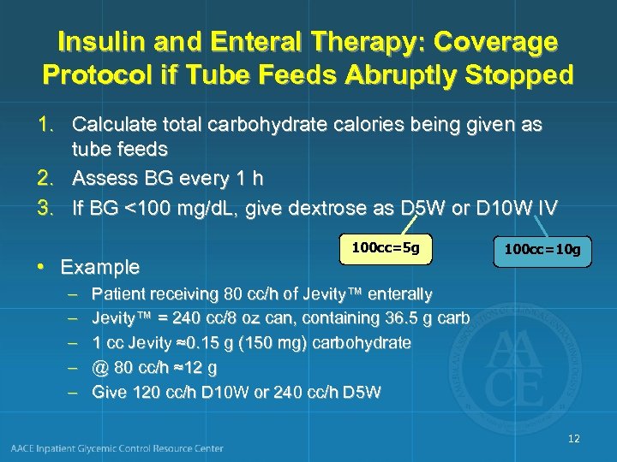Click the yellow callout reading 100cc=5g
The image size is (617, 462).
coord(386,248)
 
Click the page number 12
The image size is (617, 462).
coord(573,439)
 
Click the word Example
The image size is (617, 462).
coord(99,267)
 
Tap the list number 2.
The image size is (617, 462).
coord(51,179)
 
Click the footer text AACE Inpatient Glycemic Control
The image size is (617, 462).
coord(117,448)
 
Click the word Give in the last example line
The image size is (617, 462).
coord(109,393)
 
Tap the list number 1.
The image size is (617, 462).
coord(51,125)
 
